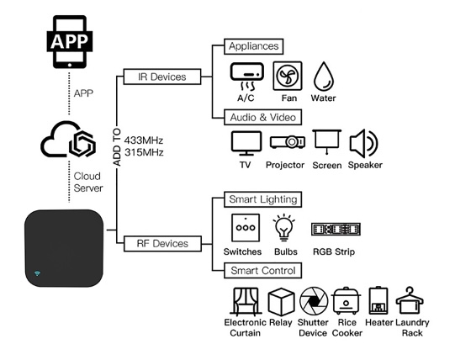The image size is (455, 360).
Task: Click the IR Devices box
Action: point(162,77)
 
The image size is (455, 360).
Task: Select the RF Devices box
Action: point(162,244)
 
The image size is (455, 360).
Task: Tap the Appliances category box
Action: point(254,46)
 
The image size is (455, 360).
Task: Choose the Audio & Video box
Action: point(263,117)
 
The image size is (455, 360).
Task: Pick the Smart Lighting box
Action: point(263,199)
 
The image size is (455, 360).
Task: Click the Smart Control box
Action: point(263,271)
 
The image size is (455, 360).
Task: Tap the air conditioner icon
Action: point(247,77)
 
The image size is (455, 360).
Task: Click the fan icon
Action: point(288,76)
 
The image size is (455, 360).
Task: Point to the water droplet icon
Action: point(324,77)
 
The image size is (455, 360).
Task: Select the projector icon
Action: point(288,142)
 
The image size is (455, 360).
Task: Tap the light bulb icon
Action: point(284,227)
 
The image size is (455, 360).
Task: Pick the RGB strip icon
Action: point(336,229)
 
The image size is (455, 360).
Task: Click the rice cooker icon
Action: point(346,300)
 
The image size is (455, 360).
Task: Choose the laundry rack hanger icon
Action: point(410,300)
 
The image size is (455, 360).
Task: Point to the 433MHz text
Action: point(144,140)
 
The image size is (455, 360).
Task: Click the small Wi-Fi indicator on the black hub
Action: point(38,273)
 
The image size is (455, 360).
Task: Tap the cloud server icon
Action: point(68,140)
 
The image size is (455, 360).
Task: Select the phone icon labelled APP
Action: point(70,42)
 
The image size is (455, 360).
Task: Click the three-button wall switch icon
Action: point(246,228)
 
